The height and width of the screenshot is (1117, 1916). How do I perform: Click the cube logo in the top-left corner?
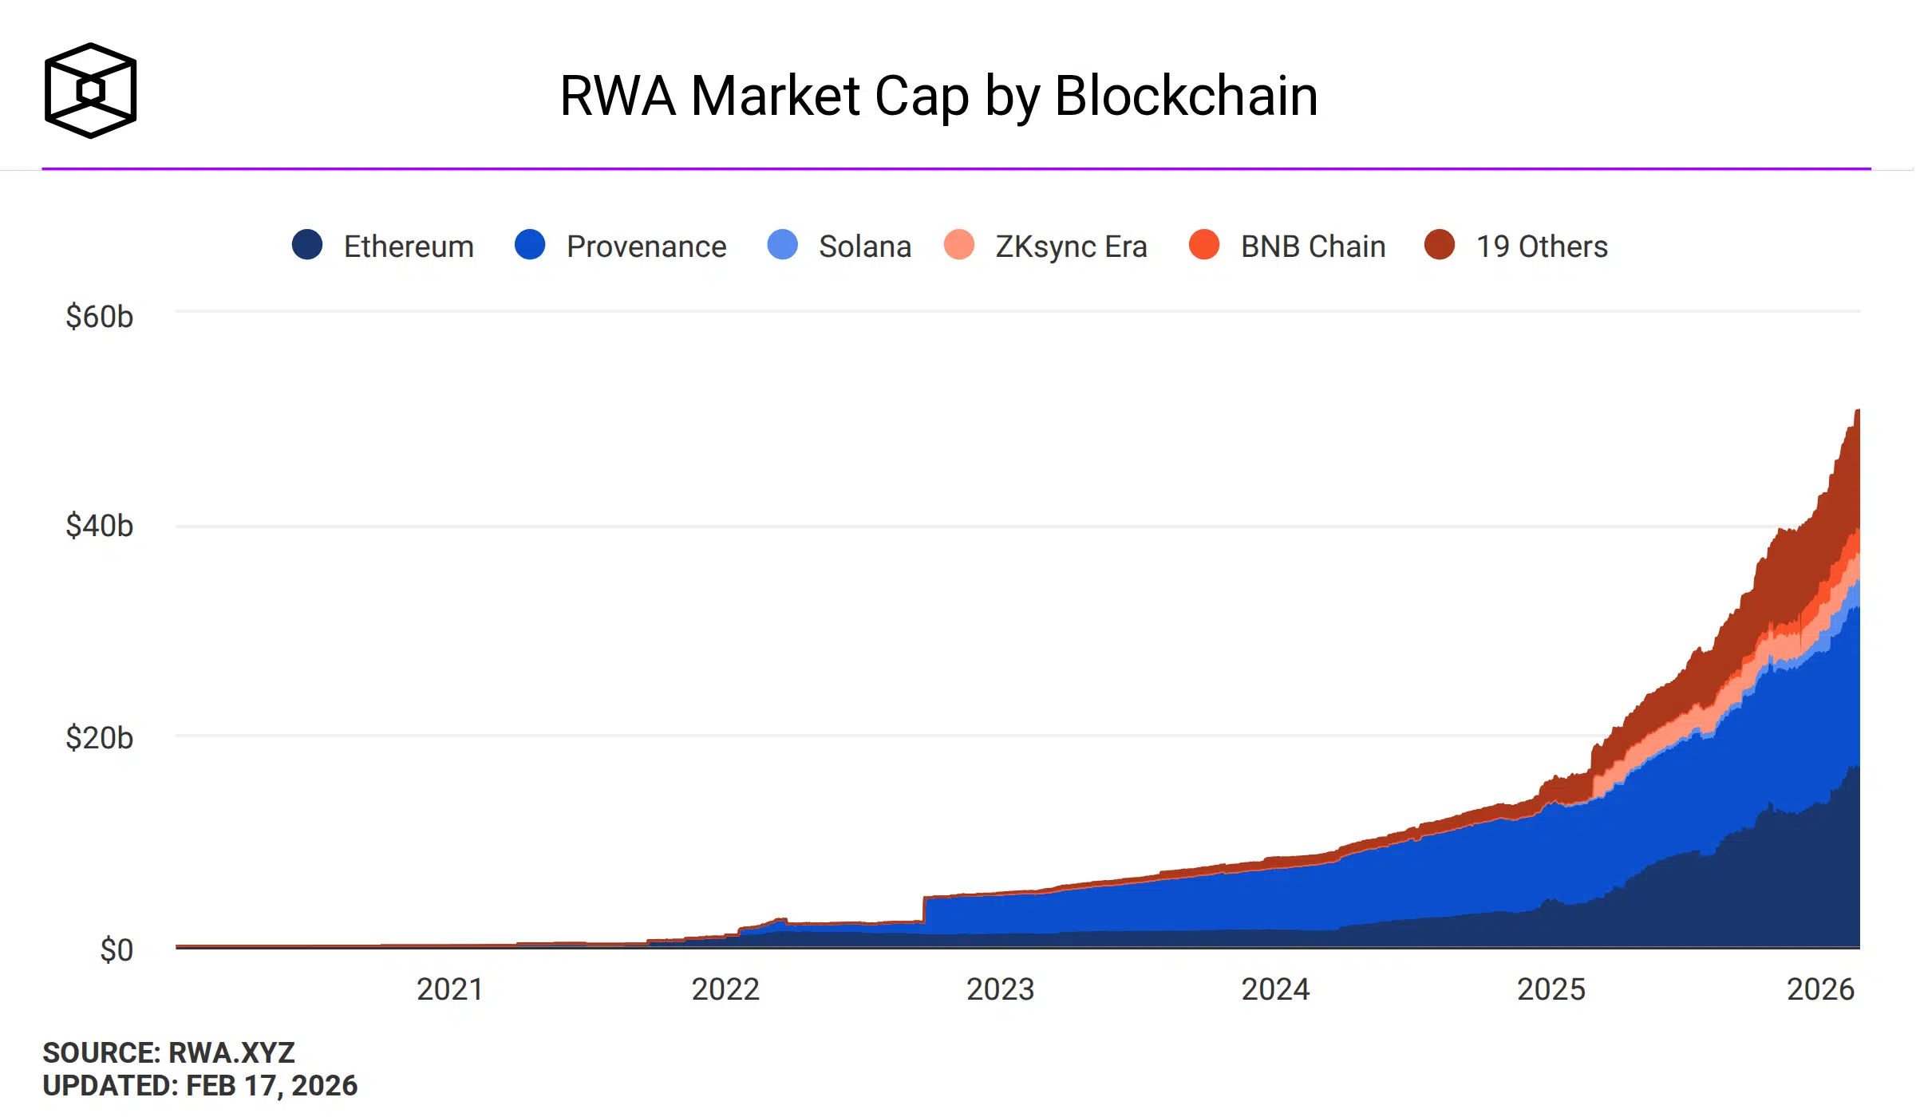point(90,90)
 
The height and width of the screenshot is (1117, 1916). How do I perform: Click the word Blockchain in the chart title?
point(1186,96)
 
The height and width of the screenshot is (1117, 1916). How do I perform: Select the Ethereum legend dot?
point(307,245)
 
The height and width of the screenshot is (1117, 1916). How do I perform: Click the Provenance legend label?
point(646,247)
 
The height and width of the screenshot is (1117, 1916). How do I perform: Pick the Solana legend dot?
point(782,245)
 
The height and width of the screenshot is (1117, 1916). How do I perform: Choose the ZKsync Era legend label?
point(1071,247)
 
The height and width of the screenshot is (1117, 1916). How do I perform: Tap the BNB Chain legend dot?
point(1203,245)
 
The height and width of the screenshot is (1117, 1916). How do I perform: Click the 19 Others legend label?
point(1541,247)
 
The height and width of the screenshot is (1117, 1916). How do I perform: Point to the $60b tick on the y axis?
point(99,317)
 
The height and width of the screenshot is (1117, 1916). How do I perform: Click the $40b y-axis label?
point(99,526)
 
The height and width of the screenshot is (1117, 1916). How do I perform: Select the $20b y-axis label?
point(99,738)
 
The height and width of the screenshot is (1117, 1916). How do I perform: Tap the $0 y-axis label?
point(117,950)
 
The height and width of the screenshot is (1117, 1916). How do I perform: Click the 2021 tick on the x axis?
point(450,989)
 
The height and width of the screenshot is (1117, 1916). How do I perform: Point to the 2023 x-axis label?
point(1000,989)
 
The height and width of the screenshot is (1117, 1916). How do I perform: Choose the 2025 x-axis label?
point(1551,989)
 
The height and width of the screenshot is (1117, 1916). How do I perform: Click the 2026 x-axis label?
point(1820,989)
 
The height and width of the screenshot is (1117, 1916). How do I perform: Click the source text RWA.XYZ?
point(231,1053)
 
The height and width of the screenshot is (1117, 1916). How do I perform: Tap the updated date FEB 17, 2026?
point(271,1086)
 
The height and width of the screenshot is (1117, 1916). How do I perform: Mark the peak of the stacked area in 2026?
point(1858,411)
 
